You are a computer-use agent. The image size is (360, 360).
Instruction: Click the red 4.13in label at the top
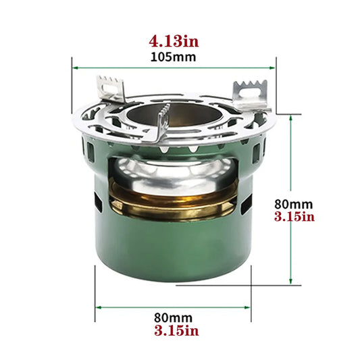(174, 41)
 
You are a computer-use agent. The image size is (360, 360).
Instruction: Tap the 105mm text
(174, 57)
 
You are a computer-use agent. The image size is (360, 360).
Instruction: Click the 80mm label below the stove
(174, 317)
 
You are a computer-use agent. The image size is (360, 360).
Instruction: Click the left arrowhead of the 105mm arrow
(75, 68)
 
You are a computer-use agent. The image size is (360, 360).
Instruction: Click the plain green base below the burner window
(174, 257)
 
